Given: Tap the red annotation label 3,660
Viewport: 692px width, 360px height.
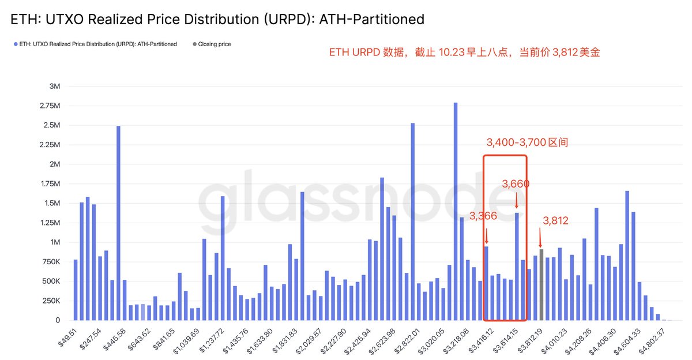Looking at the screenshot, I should pos(516,184).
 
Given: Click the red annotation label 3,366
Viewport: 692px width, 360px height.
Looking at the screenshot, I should pos(483,216).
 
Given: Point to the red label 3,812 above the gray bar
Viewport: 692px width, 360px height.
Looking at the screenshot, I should pos(556,220).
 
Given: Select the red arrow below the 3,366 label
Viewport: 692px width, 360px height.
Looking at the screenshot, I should pos(486,235).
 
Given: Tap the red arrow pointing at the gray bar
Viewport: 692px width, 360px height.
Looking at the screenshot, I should pos(540,238).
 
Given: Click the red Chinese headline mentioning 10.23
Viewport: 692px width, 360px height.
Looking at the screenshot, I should pos(464,52).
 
